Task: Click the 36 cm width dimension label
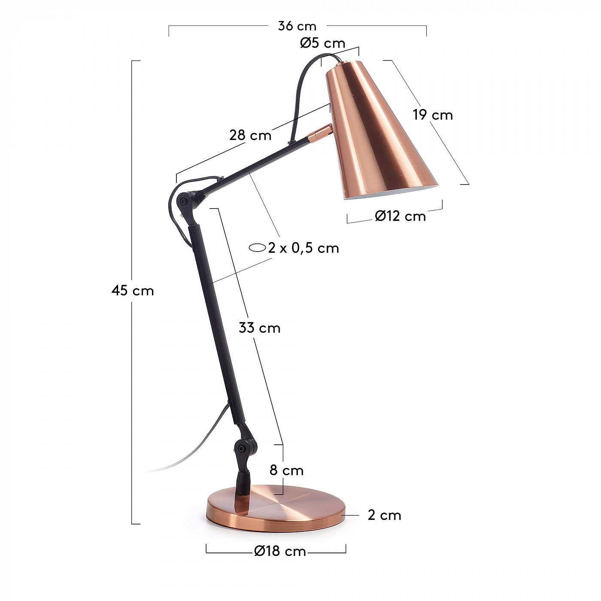click(x=297, y=26)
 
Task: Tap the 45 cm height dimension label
click(x=133, y=291)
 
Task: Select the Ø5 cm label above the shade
click(x=323, y=43)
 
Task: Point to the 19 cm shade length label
click(x=433, y=115)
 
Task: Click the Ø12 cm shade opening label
click(x=401, y=216)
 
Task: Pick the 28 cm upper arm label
click(x=250, y=135)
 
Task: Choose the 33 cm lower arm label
click(x=259, y=328)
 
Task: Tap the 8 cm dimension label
click(x=287, y=470)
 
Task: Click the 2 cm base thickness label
click(x=384, y=515)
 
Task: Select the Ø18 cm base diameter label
click(x=280, y=552)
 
